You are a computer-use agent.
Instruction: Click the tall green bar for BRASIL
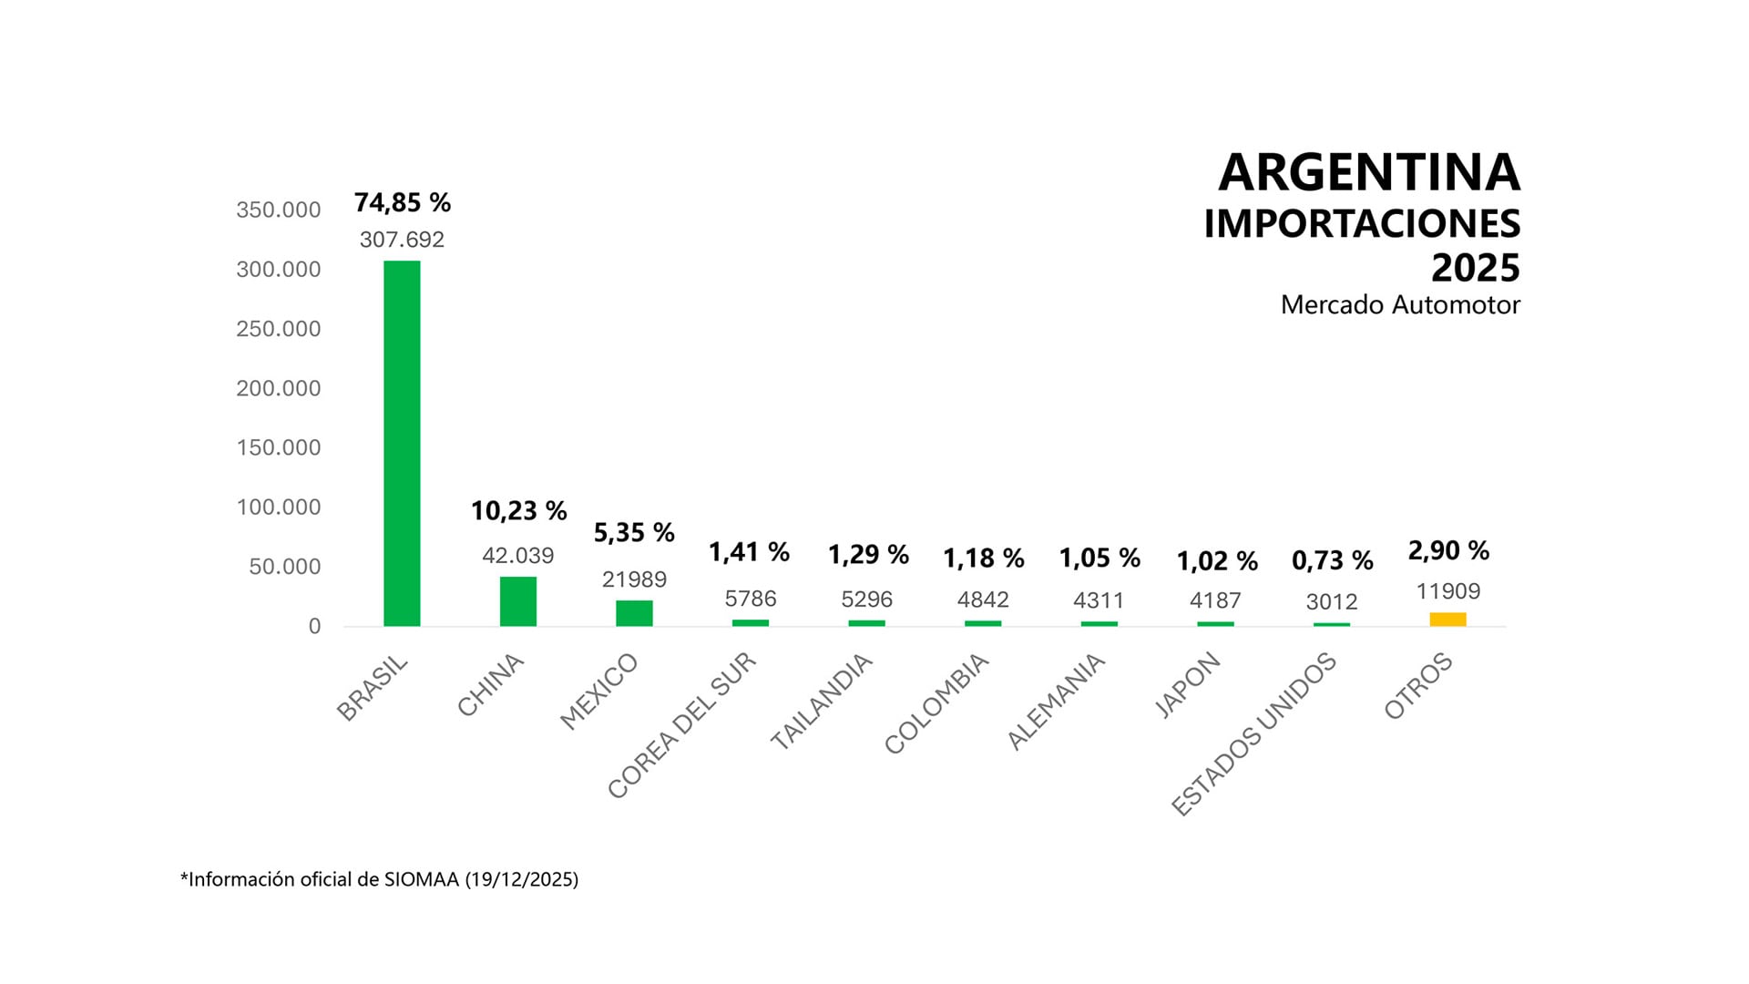(x=402, y=443)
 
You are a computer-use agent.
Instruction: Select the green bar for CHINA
(x=517, y=601)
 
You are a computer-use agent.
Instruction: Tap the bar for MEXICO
(x=634, y=613)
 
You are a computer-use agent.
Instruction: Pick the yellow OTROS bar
(x=1447, y=620)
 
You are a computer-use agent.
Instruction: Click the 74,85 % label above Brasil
(x=402, y=202)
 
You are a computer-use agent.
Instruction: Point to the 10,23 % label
(x=518, y=511)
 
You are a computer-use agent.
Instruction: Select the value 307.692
(x=402, y=240)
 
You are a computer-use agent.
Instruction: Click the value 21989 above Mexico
(x=634, y=579)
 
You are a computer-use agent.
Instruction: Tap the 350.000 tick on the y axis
(x=278, y=210)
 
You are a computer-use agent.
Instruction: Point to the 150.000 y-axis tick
(x=278, y=447)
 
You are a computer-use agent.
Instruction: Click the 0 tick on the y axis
(x=314, y=626)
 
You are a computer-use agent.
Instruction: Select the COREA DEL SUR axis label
(x=681, y=726)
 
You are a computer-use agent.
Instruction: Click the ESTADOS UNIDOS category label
(x=1253, y=733)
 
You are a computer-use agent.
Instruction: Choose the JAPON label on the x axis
(x=1187, y=685)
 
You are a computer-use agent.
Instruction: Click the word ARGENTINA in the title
(x=1368, y=172)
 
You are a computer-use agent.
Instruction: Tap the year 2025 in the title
(x=1475, y=268)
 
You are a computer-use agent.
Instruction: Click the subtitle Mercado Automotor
(x=1399, y=304)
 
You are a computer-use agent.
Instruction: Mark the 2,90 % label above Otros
(x=1448, y=550)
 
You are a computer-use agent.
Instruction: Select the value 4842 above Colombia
(x=983, y=600)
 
